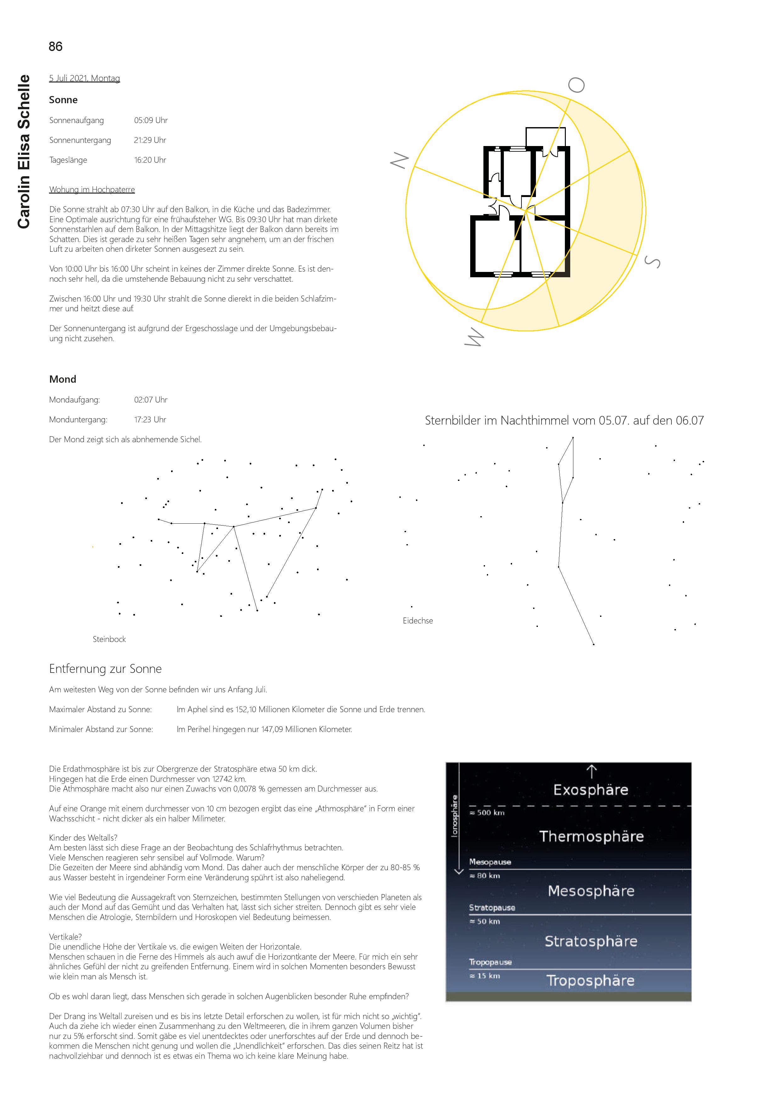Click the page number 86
[55, 47]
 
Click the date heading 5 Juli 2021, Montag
[85, 78]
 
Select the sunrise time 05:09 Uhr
[150, 120]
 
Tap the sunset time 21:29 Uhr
[150, 140]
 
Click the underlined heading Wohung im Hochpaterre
[92, 189]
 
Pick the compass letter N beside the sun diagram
[399, 160]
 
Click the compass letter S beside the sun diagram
[652, 262]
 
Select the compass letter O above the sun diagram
[576, 85]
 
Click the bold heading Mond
[63, 379]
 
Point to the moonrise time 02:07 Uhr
[150, 400]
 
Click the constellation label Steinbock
[109, 639]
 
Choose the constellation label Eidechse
[418, 621]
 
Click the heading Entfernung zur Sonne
[105, 669]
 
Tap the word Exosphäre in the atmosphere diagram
[591, 790]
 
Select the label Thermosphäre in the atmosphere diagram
[591, 836]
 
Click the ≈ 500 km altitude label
[487, 813]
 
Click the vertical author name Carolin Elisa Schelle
[24, 151]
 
